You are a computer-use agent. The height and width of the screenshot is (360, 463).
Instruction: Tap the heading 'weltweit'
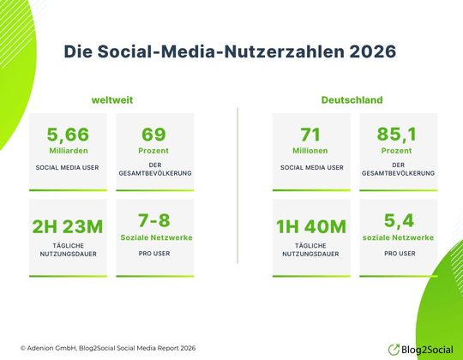(113, 99)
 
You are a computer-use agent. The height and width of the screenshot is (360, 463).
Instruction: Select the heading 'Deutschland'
(352, 99)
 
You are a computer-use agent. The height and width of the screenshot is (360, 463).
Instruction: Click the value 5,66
(68, 135)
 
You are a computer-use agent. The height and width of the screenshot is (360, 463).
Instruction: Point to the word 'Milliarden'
(68, 150)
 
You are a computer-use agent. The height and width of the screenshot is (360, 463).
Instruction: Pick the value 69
(154, 135)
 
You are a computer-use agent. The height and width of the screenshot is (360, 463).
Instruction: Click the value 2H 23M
(68, 227)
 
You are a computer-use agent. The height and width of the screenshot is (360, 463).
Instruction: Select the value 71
(310, 135)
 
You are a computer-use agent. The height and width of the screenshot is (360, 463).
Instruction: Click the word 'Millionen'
(310, 150)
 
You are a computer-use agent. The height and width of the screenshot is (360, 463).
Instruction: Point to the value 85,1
(397, 135)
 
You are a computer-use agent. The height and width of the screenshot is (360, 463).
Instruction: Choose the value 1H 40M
(310, 227)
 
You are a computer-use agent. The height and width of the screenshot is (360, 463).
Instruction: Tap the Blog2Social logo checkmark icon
(394, 349)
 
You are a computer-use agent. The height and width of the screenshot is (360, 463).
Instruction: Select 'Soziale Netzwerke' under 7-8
(154, 237)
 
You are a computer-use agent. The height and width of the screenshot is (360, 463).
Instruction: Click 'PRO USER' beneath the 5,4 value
(397, 254)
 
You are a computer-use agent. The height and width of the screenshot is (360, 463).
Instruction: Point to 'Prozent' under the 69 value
(154, 150)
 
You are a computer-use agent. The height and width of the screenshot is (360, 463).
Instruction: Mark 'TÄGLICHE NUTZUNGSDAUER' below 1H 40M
(310, 250)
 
